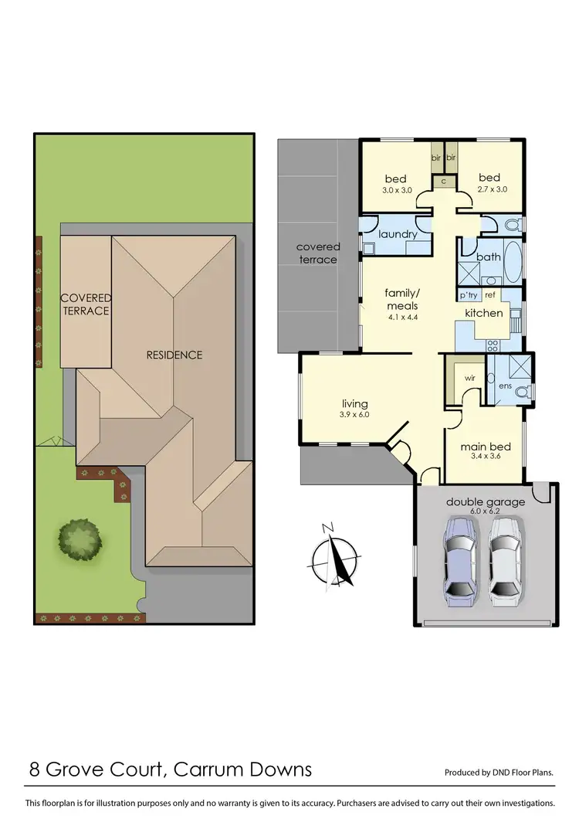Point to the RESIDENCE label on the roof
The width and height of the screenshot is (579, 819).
174,355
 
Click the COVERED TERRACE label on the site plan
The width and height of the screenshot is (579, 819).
86,304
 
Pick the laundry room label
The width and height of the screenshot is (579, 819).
398,234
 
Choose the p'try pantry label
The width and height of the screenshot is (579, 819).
469,295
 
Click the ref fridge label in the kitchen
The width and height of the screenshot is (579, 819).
489,295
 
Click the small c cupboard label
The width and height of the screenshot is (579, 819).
444,181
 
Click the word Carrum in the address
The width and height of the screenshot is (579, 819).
209,769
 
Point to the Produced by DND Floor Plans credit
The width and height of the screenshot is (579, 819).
499,772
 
